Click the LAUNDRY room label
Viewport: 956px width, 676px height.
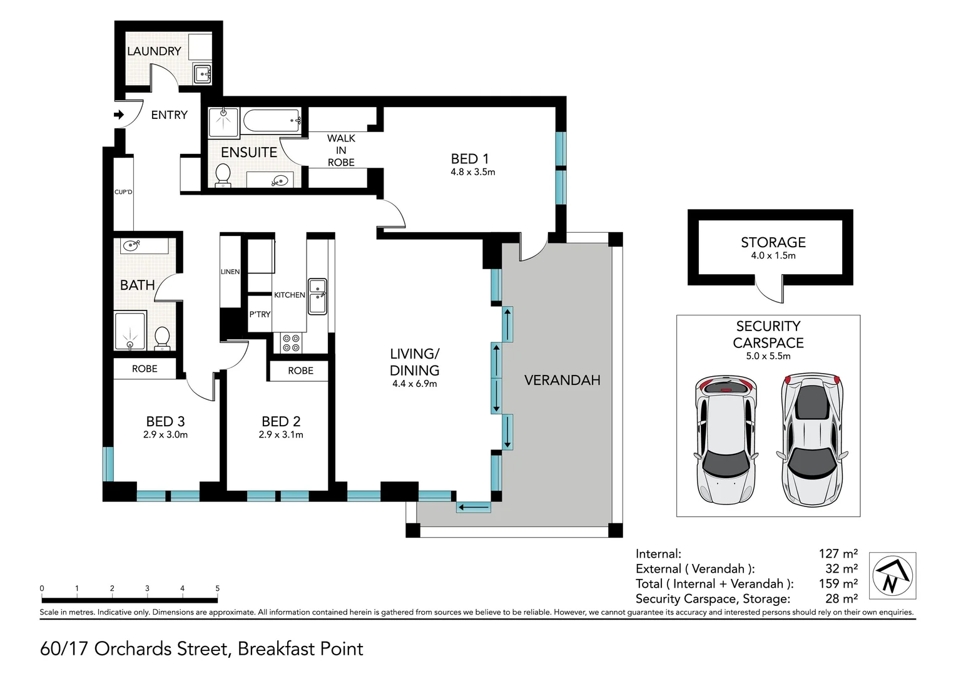tap(154, 51)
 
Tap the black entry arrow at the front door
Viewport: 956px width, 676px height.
tap(119, 115)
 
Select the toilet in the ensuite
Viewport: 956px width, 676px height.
tap(223, 175)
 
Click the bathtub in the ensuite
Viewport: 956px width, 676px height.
tap(272, 120)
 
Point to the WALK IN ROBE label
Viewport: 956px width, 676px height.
tap(341, 150)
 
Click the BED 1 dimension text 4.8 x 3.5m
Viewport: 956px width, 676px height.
tap(473, 172)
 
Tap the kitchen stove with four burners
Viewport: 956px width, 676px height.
tap(291, 343)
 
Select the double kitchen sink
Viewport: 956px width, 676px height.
tap(318, 296)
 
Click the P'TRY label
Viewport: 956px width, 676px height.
tap(260, 314)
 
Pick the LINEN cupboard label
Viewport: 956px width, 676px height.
tap(230, 272)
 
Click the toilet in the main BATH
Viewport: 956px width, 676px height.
tap(162, 339)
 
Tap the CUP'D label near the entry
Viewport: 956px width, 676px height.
tap(123, 192)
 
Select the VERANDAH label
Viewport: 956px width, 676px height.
tap(562, 380)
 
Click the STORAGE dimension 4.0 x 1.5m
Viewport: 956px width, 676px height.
tap(773, 256)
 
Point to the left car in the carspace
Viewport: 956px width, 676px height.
tap(726, 440)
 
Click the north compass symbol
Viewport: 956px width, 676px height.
tap(892, 576)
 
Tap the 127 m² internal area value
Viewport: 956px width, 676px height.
tap(838, 553)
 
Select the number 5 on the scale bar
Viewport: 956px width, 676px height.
tap(217, 588)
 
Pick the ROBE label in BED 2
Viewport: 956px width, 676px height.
tap(300, 371)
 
